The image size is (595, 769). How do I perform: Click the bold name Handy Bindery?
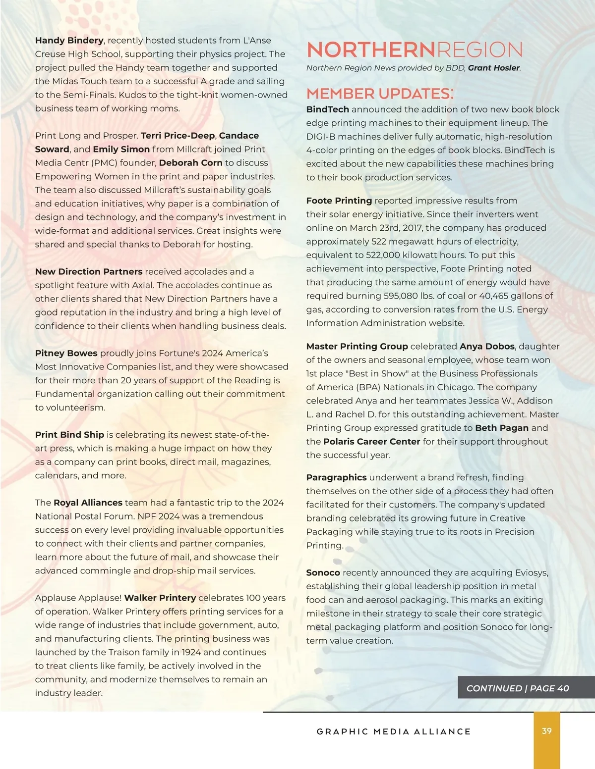tap(69, 41)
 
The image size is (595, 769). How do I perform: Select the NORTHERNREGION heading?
tap(415, 50)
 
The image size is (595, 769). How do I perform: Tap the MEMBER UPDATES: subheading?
tap(380, 94)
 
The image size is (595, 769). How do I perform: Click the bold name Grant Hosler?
tap(494, 68)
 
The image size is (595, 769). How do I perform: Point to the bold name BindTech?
tap(327, 109)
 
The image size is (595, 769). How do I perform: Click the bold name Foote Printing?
tap(339, 201)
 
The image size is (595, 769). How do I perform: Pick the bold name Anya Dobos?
tap(487, 347)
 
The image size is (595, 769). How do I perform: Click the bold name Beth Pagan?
tap(502, 428)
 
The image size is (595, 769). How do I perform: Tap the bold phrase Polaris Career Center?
tap(371, 442)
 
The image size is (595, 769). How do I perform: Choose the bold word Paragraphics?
tap(336, 477)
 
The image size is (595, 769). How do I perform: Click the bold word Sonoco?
tap(323, 573)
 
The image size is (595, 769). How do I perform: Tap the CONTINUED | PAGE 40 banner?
tap(518, 688)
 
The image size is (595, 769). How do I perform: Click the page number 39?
tap(547, 731)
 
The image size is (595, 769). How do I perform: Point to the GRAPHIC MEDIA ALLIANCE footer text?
tap(394, 732)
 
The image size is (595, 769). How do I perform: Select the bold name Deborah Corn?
tap(190, 163)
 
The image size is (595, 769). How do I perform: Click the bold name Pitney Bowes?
tap(66, 353)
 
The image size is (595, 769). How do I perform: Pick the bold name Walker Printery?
tap(160, 598)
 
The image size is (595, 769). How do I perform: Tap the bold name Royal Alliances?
tap(88, 503)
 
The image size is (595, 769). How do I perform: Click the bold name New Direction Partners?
tap(89, 272)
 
